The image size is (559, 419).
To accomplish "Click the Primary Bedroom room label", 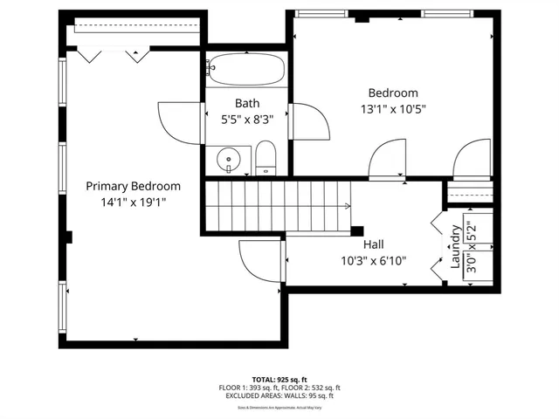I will click(x=133, y=186).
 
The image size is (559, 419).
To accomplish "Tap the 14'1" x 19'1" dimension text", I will click(x=133, y=202).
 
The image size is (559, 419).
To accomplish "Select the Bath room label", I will click(x=247, y=104).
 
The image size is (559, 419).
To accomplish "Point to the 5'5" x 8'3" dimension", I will click(x=247, y=120).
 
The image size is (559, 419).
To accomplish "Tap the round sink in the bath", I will click(x=229, y=161).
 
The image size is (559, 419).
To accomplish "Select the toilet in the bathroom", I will click(x=266, y=160).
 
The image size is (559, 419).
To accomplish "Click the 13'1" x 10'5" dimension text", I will click(x=392, y=109).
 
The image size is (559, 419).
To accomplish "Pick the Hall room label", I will click(x=373, y=244).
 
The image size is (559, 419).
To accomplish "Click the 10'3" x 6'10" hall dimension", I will click(x=373, y=260).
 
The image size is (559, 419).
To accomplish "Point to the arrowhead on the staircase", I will click(x=348, y=207).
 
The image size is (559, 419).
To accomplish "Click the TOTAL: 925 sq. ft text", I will click(x=279, y=380).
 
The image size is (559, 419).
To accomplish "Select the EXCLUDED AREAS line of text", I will click(x=279, y=395).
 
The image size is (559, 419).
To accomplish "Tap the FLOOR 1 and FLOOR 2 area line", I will click(x=279, y=388).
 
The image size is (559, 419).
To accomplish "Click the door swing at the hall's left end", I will click(x=261, y=261).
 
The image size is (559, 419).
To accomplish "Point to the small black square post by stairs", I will click(x=356, y=231).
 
